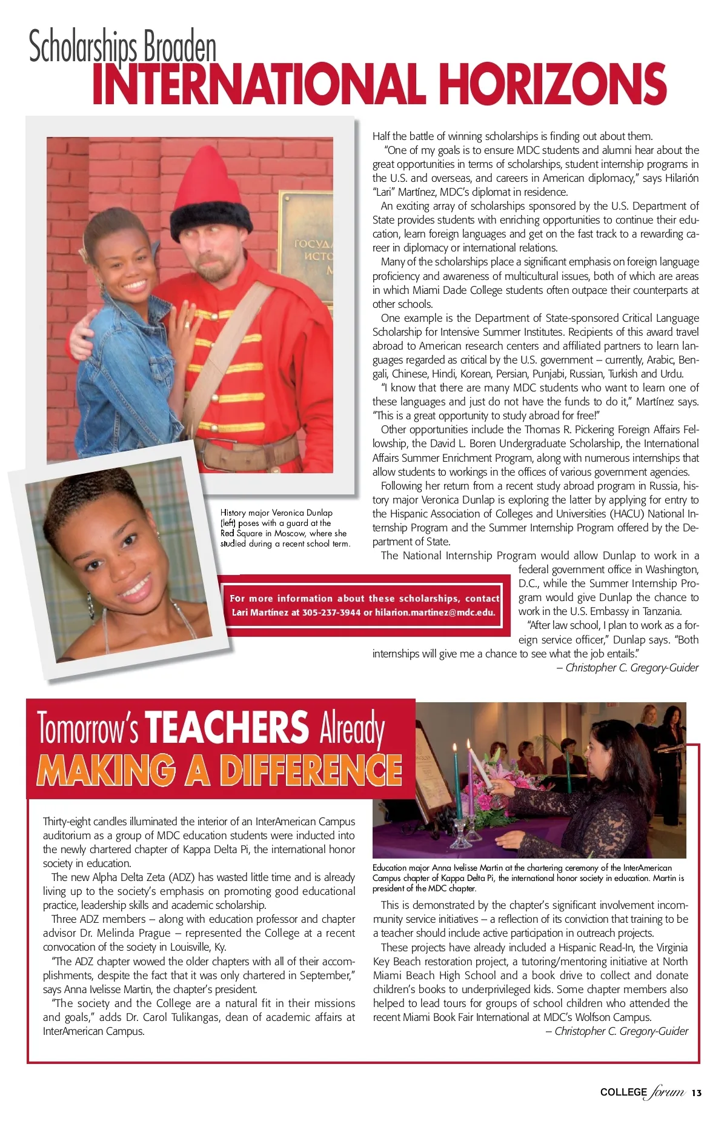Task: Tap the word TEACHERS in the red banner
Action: pyautogui.click(x=227, y=727)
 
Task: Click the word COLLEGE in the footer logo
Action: pyautogui.click(x=623, y=1092)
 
